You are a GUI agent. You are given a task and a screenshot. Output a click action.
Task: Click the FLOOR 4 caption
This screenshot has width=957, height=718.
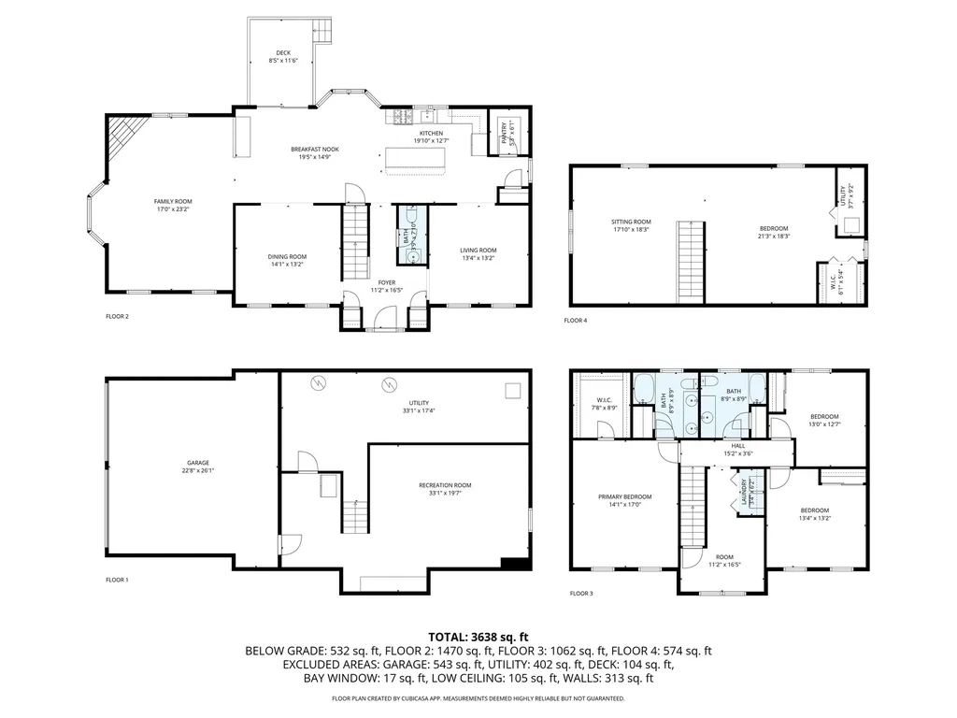tap(576, 321)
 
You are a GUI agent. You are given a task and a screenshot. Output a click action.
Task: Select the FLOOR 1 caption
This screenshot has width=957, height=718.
tap(117, 580)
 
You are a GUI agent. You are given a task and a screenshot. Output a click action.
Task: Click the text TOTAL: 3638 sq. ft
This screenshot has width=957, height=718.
tap(478, 635)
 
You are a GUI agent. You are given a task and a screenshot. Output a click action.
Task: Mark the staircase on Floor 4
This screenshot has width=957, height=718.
tap(690, 262)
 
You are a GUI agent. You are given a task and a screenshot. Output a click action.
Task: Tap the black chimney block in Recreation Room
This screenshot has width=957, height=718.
tap(514, 563)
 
